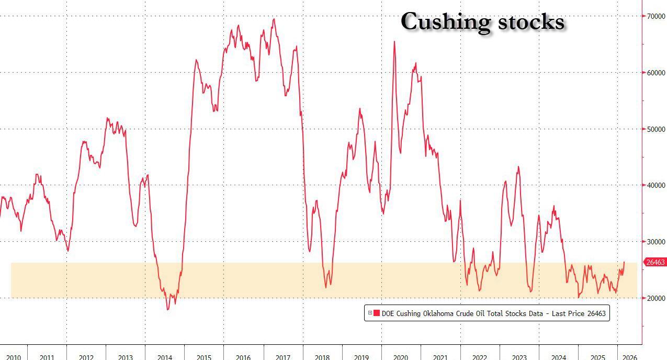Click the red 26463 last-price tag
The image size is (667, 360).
point(656,262)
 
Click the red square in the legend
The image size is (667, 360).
point(377,313)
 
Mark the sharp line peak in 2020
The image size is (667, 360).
point(394,42)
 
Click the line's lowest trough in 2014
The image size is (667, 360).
point(168,309)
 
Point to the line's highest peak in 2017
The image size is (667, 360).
point(274,19)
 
